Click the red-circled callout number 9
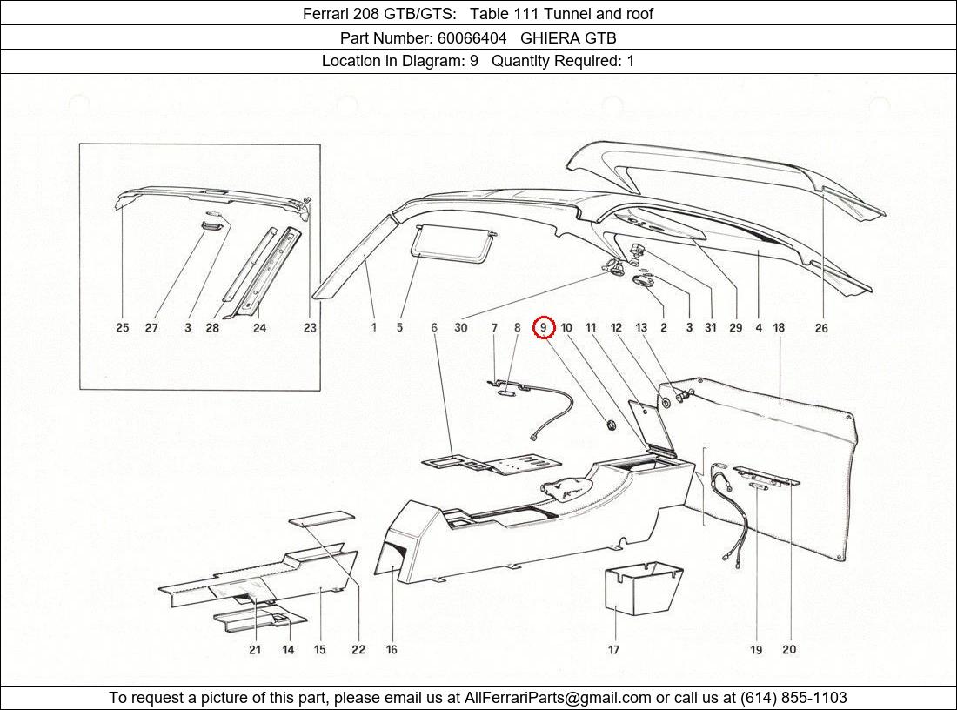[544, 328]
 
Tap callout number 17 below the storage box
[613, 649]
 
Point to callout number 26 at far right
[821, 328]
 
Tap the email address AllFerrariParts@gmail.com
[558, 698]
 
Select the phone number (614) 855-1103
[793, 698]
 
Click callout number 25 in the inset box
[123, 328]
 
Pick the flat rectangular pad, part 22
[322, 519]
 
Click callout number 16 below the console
[391, 649]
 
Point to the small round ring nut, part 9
[611, 424]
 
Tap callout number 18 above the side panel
[779, 328]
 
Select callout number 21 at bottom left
[255, 649]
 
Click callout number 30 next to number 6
[460, 328]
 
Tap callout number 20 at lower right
[789, 649]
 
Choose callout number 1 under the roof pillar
[373, 328]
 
